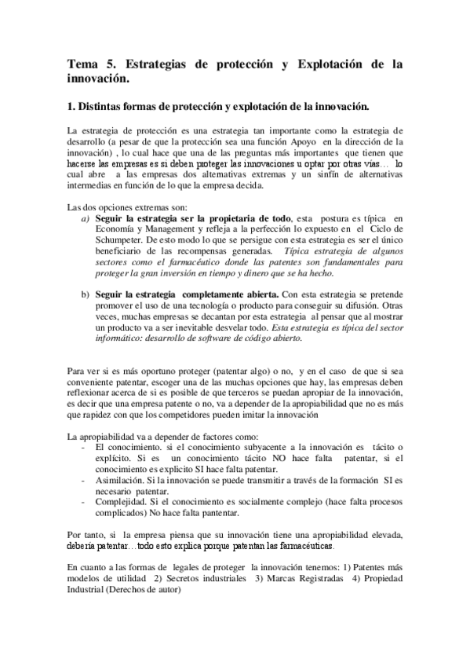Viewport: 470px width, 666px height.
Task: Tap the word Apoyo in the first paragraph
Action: tap(285, 141)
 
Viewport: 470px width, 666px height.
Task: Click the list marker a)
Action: tap(85, 217)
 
